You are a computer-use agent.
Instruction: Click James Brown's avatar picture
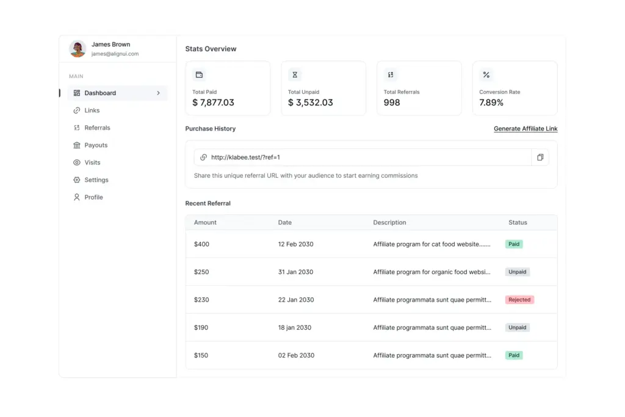(x=78, y=49)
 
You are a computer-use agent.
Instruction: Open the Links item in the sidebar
(x=92, y=111)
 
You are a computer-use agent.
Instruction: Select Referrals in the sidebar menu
(x=97, y=128)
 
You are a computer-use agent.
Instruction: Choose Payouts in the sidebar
(x=96, y=145)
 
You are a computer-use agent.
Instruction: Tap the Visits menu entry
(x=92, y=163)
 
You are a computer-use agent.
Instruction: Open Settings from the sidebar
(x=96, y=180)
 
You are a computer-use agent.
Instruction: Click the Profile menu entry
(x=93, y=198)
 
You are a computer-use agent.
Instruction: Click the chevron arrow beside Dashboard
(x=159, y=93)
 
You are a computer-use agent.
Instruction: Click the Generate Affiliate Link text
(x=525, y=129)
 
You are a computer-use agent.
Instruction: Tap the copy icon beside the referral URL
(x=540, y=158)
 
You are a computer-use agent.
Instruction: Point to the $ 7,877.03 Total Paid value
(x=213, y=103)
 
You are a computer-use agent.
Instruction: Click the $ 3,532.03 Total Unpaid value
(x=310, y=103)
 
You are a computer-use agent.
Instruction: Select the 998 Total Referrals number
(x=392, y=103)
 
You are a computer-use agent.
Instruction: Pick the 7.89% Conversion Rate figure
(x=491, y=103)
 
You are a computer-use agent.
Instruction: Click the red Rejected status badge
(x=519, y=300)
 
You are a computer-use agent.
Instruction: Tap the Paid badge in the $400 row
(x=514, y=244)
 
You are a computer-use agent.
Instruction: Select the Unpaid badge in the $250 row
(x=517, y=272)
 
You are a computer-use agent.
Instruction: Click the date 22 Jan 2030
(x=296, y=300)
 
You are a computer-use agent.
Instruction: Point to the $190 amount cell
(x=201, y=328)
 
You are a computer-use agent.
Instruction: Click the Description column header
(x=389, y=223)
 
